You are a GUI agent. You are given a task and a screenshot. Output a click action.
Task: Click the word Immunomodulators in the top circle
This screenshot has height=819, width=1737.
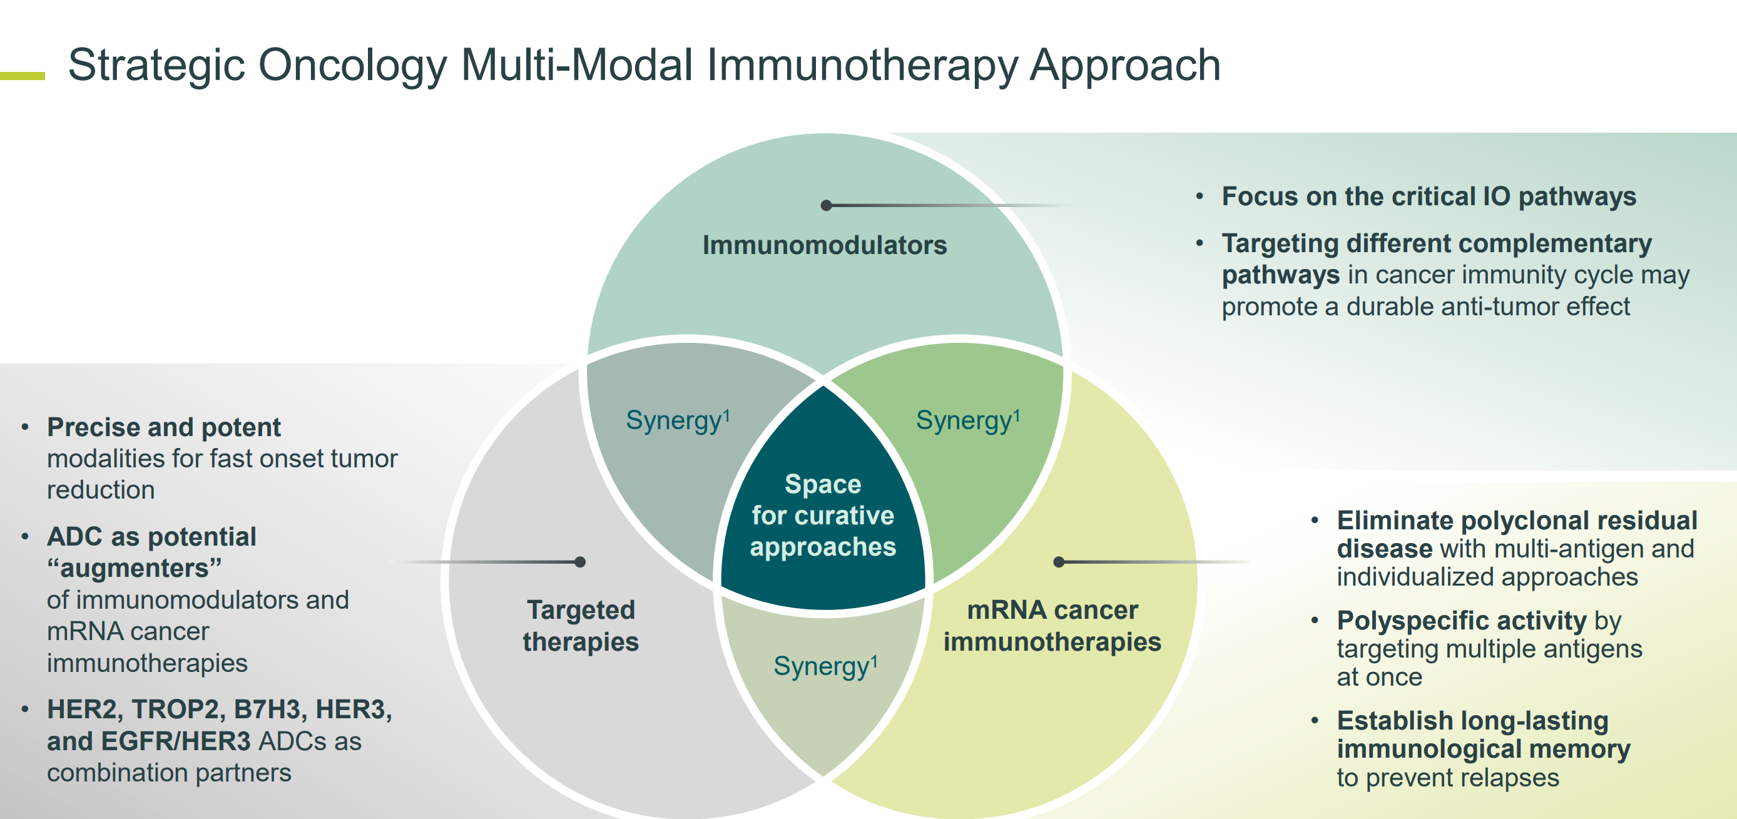(825, 245)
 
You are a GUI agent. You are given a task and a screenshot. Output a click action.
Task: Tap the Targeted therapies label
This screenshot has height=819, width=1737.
(581, 626)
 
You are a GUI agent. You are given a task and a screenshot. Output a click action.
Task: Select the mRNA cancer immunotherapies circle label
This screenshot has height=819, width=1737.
(1052, 626)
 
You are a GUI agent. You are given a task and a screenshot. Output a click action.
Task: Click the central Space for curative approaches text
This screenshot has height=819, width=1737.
(823, 516)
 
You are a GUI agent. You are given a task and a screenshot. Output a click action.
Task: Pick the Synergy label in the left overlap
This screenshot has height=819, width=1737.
(678, 420)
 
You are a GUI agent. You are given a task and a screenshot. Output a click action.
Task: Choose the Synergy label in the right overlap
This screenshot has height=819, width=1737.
(967, 420)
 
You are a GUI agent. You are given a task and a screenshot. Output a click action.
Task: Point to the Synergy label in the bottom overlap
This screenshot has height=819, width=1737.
(825, 666)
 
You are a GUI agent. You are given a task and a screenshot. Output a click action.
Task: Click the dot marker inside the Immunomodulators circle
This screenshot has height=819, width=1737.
(826, 206)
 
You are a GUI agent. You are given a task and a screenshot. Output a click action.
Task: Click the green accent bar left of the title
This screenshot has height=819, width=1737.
(23, 76)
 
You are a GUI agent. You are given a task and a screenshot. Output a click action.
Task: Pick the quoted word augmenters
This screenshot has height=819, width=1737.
(134, 569)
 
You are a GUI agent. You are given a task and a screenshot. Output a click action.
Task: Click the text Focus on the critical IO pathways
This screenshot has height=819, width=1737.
(1429, 197)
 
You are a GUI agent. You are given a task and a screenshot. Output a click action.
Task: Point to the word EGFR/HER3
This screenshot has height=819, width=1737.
(175, 741)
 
